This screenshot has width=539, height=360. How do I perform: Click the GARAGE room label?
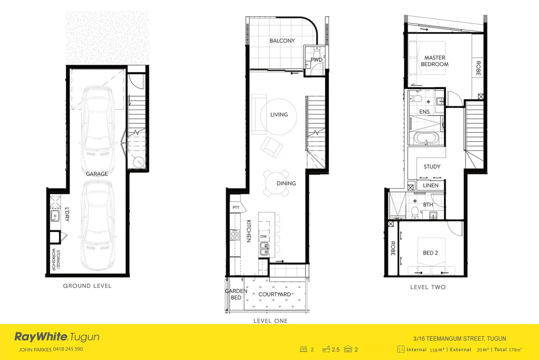tap(97, 174)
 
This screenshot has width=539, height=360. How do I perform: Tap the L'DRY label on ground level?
tap(67, 214)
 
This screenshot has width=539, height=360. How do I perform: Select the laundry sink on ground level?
tap(55, 216)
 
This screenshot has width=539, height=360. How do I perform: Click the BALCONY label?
tap(282, 41)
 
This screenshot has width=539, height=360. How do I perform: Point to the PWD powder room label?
tap(316, 60)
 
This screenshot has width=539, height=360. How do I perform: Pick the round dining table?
tap(276, 183)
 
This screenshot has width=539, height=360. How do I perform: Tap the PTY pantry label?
tap(236, 207)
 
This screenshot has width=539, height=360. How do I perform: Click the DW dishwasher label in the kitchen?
tap(264, 236)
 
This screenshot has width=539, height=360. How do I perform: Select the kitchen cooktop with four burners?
tap(235, 235)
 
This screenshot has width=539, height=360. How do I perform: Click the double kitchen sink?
tap(264, 249)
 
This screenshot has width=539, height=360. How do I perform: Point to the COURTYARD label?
tap(274, 294)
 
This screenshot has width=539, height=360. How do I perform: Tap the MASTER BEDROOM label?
tap(434, 61)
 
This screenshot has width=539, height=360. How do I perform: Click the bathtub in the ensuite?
tap(426, 138)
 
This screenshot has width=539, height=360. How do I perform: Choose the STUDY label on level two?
tap(432, 167)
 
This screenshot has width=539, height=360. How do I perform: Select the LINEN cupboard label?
tap(430, 185)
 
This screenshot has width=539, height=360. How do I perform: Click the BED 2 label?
tap(430, 253)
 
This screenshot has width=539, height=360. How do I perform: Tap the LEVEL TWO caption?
tap(428, 287)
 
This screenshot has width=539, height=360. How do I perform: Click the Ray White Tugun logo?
tap(57, 337)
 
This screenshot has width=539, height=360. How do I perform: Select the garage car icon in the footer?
tap(348, 349)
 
